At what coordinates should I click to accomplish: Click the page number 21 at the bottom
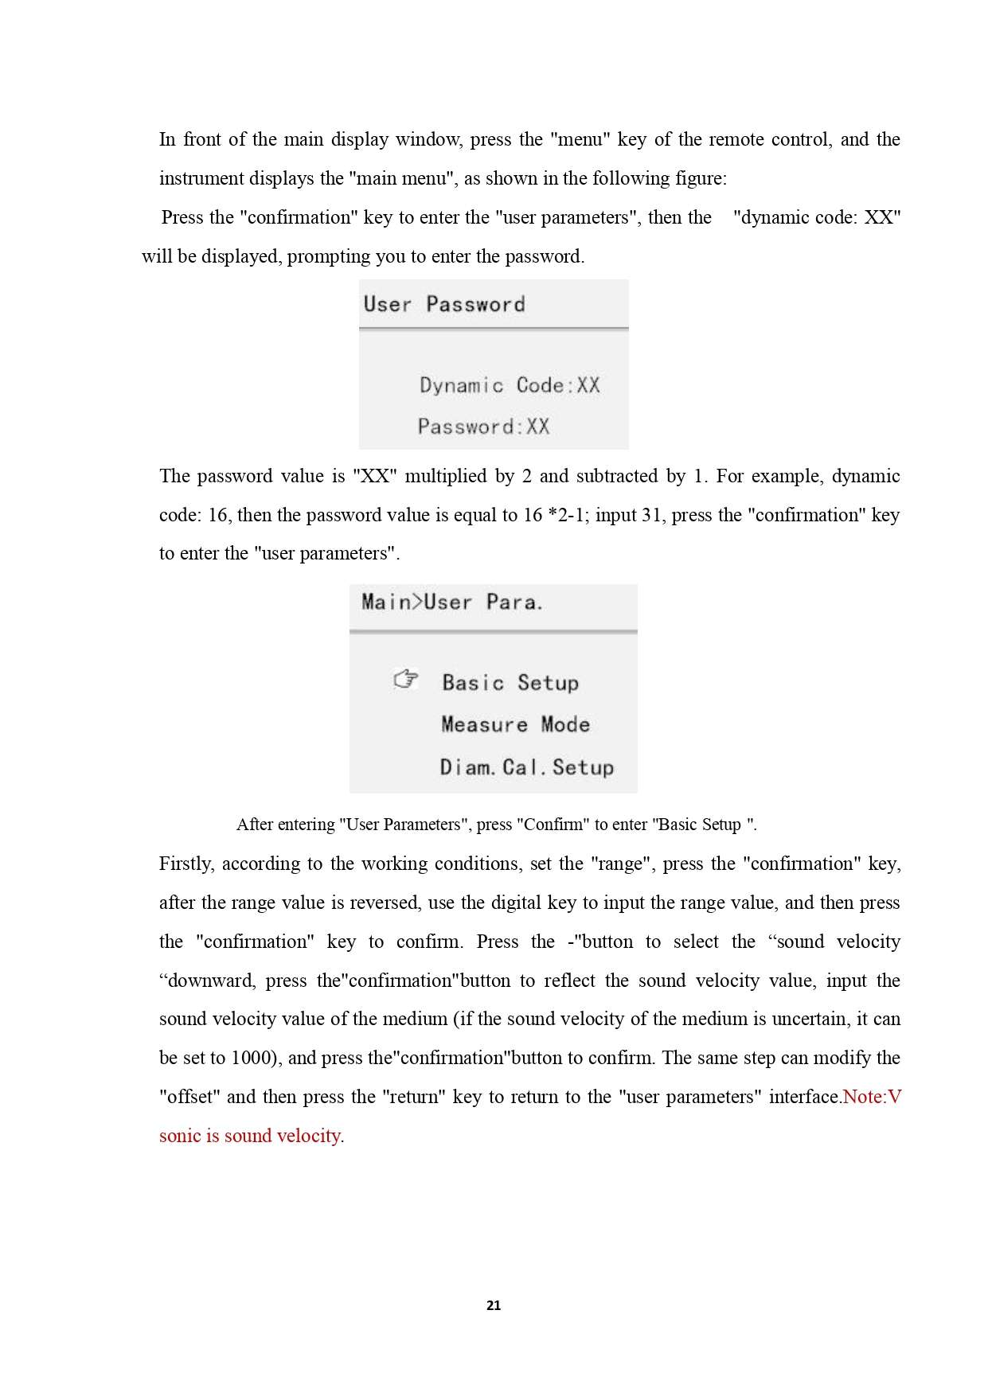click(x=494, y=1305)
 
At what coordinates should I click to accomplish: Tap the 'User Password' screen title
click(x=444, y=304)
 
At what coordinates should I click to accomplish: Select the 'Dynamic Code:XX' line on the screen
click(x=510, y=385)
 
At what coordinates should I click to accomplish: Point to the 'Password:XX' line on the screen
click(x=483, y=427)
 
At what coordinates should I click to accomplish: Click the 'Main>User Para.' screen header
click(x=452, y=602)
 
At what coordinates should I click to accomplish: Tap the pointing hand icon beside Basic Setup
click(x=406, y=680)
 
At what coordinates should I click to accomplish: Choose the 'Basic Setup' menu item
click(x=510, y=683)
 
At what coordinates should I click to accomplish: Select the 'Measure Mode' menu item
click(x=515, y=725)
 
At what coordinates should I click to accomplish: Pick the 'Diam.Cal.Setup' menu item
click(x=527, y=767)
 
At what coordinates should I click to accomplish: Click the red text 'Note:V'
click(x=871, y=1097)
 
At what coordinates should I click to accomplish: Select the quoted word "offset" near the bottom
click(x=189, y=1097)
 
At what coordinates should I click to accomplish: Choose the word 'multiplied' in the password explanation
click(x=445, y=476)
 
